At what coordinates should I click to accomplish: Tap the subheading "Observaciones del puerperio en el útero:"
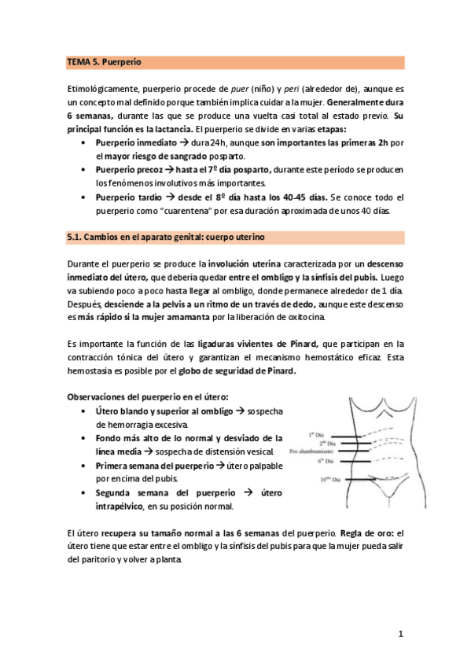point(149,398)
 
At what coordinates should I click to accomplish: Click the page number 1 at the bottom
point(400,634)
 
